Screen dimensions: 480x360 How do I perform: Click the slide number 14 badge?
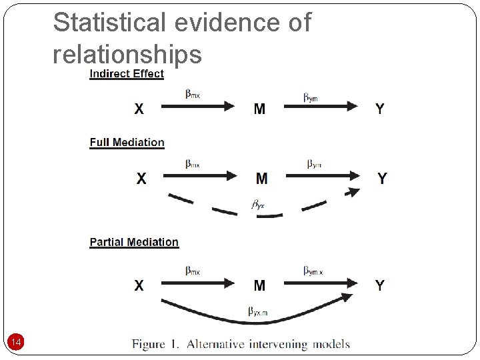(x=17, y=343)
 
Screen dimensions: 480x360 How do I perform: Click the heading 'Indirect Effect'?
(x=127, y=74)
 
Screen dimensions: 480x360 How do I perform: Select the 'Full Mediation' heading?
(x=127, y=142)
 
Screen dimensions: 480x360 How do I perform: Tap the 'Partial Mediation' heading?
(x=134, y=242)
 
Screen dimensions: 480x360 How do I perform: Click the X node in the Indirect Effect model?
(x=139, y=109)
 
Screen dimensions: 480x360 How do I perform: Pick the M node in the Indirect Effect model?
(x=259, y=109)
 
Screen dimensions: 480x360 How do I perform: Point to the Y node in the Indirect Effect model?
(x=379, y=109)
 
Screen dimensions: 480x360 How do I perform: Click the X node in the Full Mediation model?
(x=141, y=178)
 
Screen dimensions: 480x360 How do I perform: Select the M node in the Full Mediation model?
(x=261, y=178)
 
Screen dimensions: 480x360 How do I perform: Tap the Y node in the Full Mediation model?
(x=382, y=178)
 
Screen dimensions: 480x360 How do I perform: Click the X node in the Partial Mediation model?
(x=139, y=285)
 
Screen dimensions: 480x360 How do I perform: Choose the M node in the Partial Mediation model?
(x=259, y=285)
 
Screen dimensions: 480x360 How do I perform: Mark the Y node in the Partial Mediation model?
(x=379, y=285)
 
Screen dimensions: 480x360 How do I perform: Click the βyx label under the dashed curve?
(x=258, y=204)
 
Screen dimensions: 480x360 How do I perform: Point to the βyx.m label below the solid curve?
(x=259, y=311)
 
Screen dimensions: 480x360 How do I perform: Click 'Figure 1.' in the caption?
(x=156, y=344)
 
